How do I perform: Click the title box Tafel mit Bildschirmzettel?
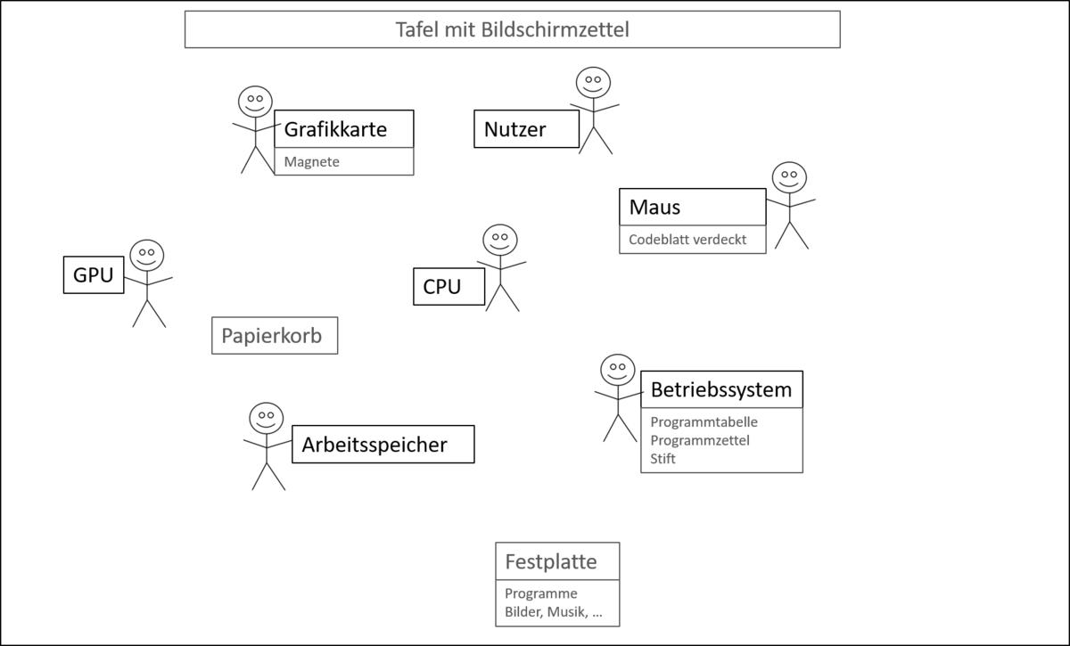[x=512, y=29]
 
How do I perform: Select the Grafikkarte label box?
[x=343, y=129]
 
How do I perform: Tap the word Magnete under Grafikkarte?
[x=312, y=162]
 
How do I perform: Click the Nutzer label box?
[x=526, y=130]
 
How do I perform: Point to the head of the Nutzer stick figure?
[x=592, y=84]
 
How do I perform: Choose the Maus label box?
[x=692, y=208]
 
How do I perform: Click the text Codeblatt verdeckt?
[x=687, y=240]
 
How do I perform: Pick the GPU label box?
[x=94, y=275]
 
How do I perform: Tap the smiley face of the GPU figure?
[x=147, y=256]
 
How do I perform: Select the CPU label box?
[x=449, y=287]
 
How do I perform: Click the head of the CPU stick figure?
[x=500, y=241]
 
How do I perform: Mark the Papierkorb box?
[x=275, y=336]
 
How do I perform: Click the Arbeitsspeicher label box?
[x=383, y=444]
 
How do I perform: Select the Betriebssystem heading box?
[x=721, y=389]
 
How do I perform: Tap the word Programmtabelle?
[x=704, y=422]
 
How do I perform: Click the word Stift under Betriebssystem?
[x=663, y=459]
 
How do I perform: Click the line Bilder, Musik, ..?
[x=553, y=612]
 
